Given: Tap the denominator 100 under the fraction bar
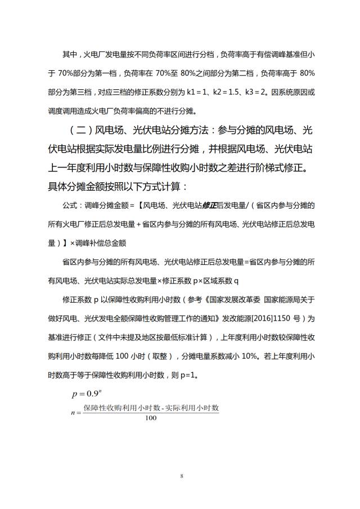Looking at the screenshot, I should click(151, 417).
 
